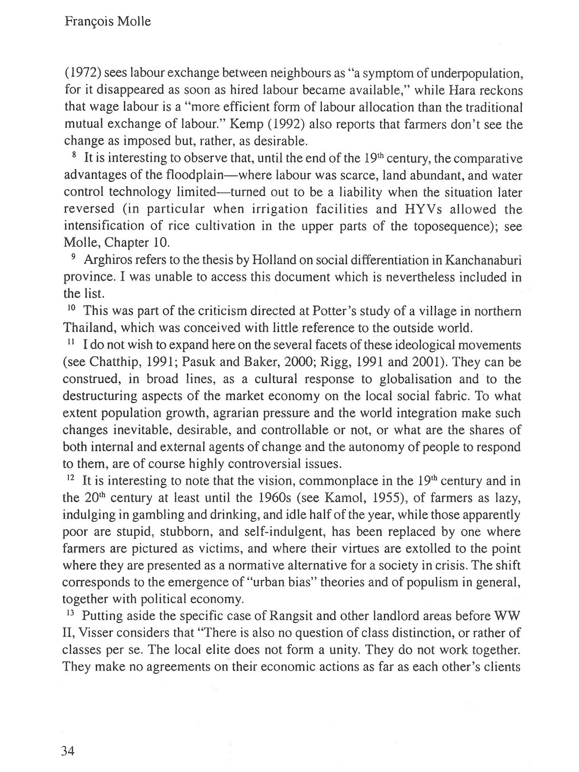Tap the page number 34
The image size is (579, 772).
[67, 751]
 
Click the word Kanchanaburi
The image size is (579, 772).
[483, 260]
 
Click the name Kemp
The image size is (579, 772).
[247, 124]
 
